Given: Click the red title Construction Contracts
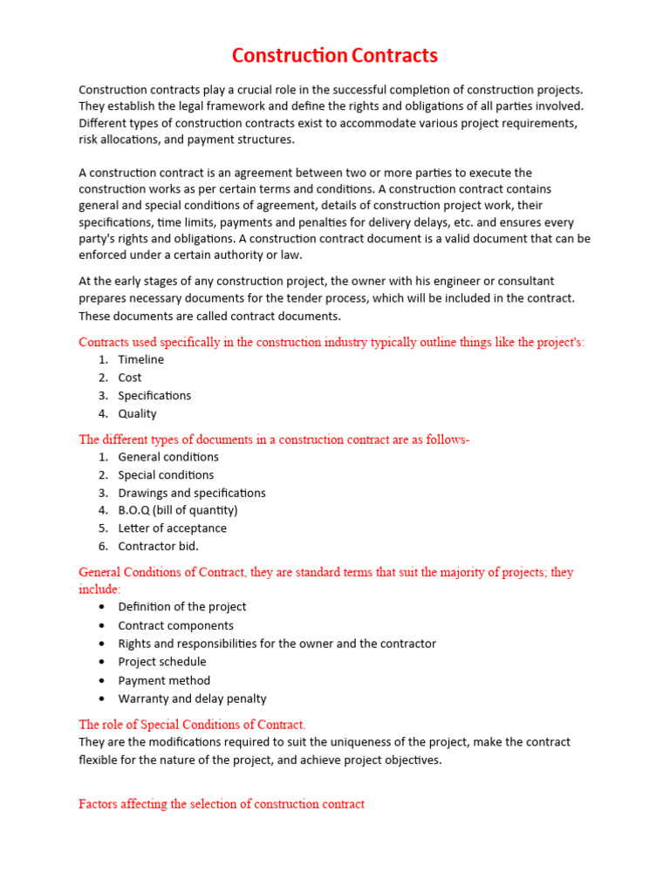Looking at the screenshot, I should tap(334, 57).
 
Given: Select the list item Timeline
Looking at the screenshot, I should tap(140, 359).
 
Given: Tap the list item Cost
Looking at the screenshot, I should tap(129, 378).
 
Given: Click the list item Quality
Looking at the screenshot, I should tap(137, 414).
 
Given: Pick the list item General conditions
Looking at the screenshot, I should tap(168, 457).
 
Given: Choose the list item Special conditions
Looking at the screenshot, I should tap(166, 475).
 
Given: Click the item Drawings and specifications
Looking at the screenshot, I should tap(192, 493).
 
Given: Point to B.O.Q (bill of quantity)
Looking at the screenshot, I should tap(178, 510).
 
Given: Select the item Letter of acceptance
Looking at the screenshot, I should tap(172, 528).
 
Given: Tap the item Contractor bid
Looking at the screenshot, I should tap(158, 546).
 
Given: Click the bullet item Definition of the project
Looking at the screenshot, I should tap(182, 607).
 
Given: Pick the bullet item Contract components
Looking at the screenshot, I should tap(175, 625).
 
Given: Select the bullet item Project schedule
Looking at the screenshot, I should tap(162, 662).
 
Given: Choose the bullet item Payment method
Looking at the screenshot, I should tap(164, 680).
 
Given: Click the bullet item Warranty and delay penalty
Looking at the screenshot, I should tap(192, 699).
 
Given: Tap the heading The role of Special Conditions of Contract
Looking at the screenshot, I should tap(192, 725).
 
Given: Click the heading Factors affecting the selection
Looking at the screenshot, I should tap(222, 804).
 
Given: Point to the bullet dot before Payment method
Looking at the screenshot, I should tap(103, 680).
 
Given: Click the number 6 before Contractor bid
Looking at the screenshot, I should tap(102, 546).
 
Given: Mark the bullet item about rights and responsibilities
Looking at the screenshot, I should tap(277, 644).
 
